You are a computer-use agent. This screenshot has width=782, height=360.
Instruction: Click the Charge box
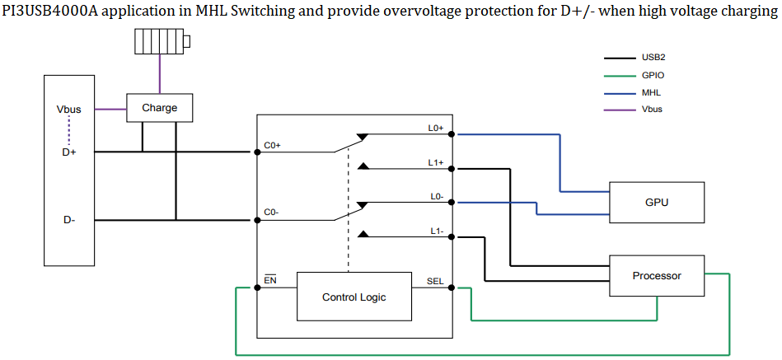coord(159,108)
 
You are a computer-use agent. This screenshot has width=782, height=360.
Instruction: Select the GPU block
coord(656,202)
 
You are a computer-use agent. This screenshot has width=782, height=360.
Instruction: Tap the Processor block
coord(656,276)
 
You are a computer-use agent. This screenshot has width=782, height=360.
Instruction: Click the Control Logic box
coord(354,297)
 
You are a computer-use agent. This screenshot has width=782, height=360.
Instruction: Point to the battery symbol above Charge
coord(160,42)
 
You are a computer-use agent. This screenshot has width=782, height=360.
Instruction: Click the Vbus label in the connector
coord(69,109)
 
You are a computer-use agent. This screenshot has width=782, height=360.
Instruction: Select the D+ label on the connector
coord(69,152)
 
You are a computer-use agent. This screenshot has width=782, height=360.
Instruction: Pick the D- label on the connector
coord(69,220)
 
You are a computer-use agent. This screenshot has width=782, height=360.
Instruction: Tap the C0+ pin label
coord(272,145)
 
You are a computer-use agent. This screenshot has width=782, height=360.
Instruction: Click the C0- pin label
coord(272,213)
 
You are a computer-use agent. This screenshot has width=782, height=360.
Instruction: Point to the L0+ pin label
coord(436,128)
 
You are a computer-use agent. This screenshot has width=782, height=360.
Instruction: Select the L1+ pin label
coord(436,162)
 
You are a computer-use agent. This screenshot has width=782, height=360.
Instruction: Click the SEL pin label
coord(435,281)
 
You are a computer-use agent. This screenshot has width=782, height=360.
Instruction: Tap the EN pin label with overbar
coord(270,281)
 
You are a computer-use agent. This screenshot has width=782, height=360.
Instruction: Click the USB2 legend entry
coord(653,58)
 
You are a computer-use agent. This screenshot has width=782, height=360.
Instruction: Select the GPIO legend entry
coord(653,75)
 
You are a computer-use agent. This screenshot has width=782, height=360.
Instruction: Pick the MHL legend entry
coord(651,92)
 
